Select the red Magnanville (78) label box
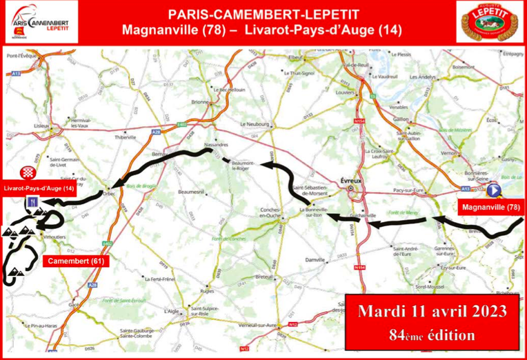tap(490, 207)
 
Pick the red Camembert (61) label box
tap(75, 261)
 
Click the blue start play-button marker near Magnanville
tap(494, 191)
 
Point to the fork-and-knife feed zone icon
tap(32, 202)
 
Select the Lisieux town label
tap(43, 127)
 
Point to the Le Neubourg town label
tap(252, 124)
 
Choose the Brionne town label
tap(199, 102)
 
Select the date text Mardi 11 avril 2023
tap(432, 310)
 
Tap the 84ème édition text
tap(432, 336)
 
